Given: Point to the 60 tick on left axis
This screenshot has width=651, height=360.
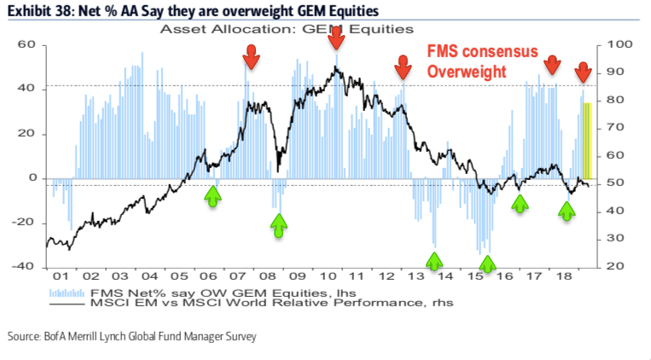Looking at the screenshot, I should coord(26,44).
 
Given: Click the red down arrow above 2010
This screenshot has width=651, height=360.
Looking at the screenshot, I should coord(336,37).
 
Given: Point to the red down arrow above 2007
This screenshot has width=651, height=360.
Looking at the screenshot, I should coord(251,57).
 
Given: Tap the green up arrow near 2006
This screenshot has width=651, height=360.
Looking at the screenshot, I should coord(212,195).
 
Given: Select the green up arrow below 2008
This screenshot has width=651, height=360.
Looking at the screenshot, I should coord(279,224).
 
